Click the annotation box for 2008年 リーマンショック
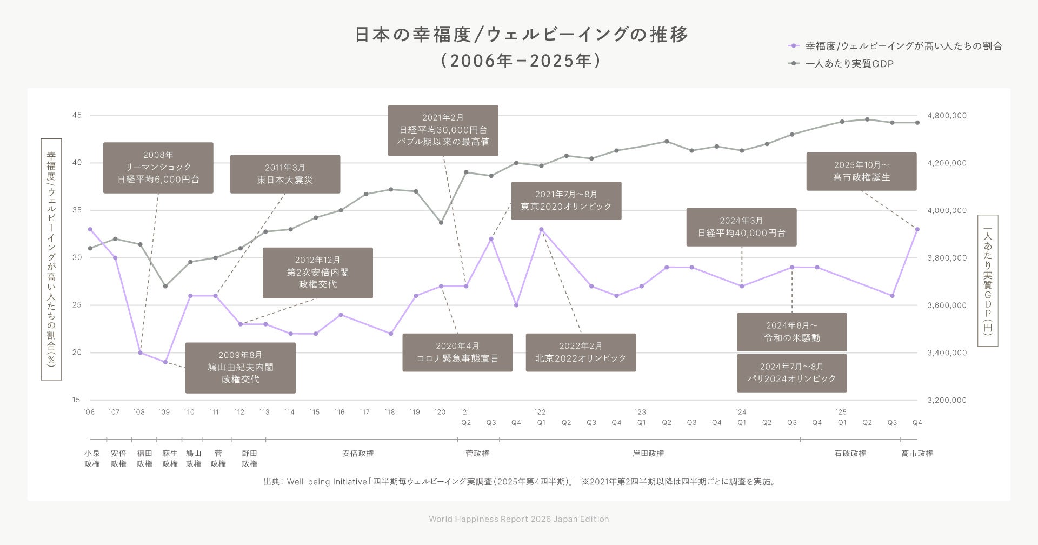coord(158,168)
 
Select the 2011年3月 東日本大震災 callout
coord(285,174)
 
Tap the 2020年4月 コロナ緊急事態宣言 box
coord(457,353)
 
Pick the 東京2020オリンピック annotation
coord(566,201)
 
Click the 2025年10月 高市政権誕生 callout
coord(861,171)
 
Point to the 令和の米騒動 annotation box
coord(791,332)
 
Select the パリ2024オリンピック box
coord(791,373)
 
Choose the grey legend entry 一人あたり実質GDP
coord(849,64)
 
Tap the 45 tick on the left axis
coord(76,115)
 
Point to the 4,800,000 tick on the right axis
coord(947,116)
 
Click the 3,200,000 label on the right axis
coord(947,400)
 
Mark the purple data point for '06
coord(90,229)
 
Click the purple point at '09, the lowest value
coord(165,362)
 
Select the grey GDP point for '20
coord(441,222)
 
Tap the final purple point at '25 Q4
coord(917,229)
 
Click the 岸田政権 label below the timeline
coord(648,453)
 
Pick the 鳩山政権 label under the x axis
coord(194,458)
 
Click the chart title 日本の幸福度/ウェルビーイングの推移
coord(521,35)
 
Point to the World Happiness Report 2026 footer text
coord(519,519)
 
